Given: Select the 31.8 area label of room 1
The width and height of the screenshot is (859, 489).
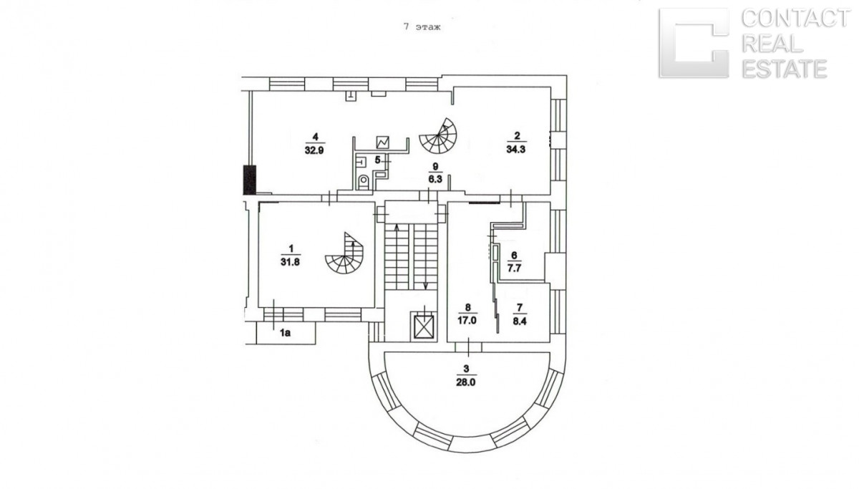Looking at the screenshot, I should coord(290,261).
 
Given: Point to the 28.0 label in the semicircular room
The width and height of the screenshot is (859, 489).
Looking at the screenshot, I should coord(466,382).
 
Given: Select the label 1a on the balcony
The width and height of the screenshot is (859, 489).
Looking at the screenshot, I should coord(285,331).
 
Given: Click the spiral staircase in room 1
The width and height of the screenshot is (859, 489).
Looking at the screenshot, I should coord(344,256).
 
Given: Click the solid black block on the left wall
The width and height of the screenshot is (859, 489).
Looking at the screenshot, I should coord(249,180).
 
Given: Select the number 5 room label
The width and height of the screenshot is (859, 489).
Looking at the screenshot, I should coord(377,159).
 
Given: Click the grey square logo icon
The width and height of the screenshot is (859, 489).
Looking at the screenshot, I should coord(693,43).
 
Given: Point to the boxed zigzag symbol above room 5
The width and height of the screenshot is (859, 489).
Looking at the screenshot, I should coord(383,142).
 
